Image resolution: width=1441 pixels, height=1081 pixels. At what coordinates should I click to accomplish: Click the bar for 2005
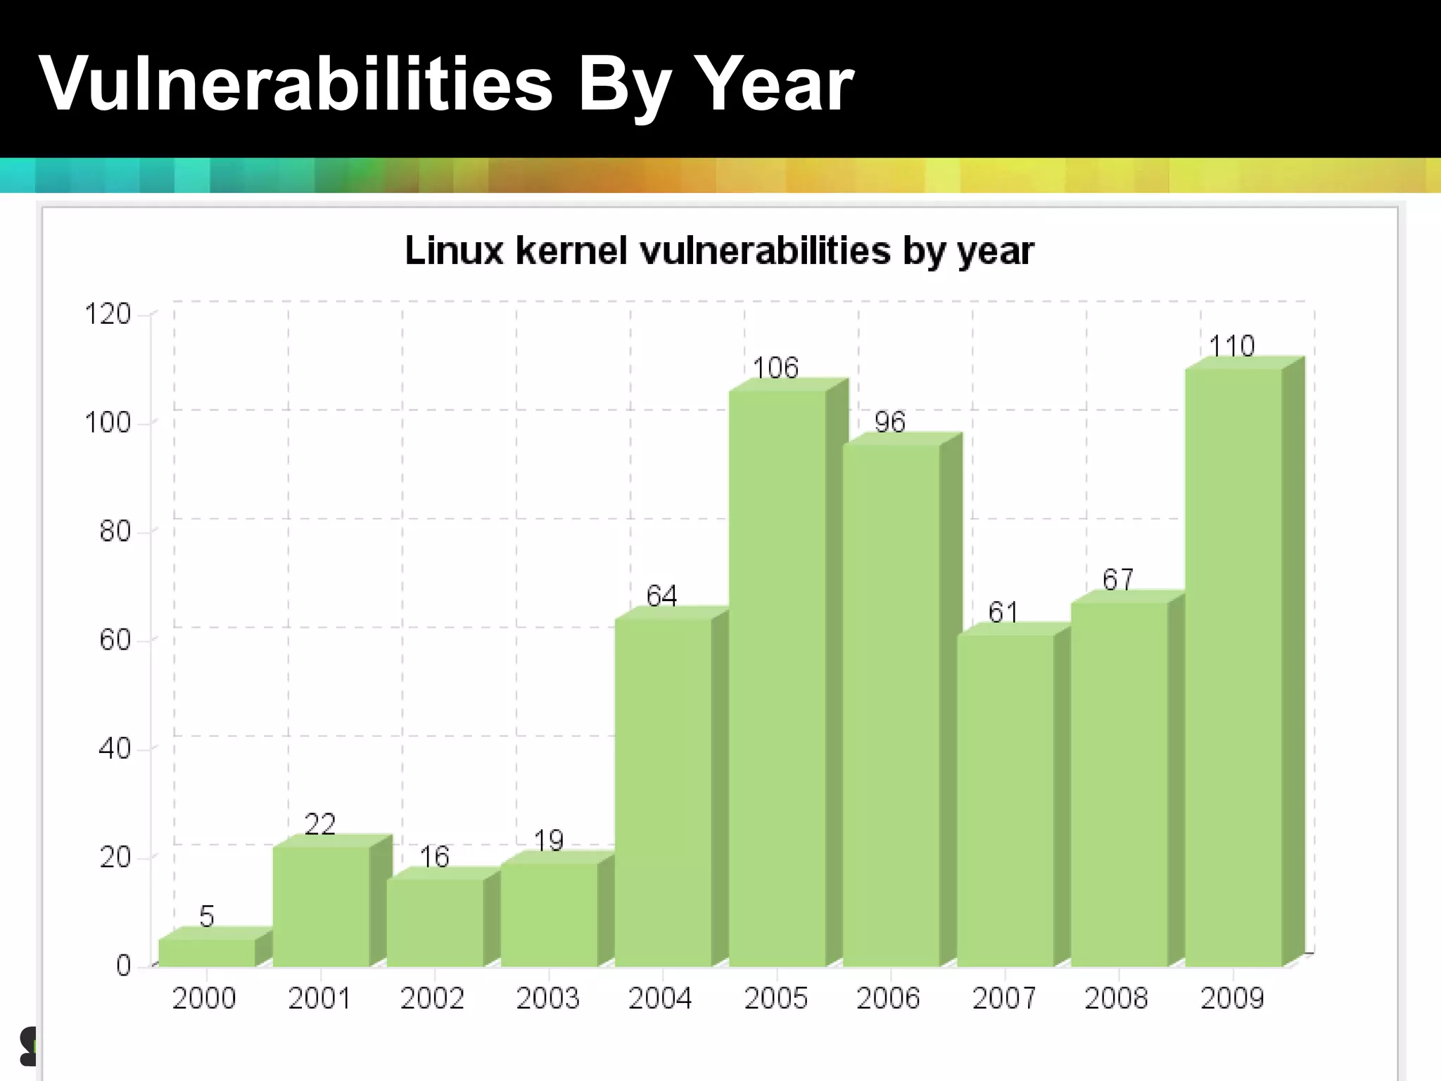click(777, 676)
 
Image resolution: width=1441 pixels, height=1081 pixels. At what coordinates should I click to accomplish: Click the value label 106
click(775, 368)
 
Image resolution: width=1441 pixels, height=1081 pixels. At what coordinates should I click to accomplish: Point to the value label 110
click(1231, 346)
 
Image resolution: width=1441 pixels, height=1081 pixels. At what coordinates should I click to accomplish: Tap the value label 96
click(889, 422)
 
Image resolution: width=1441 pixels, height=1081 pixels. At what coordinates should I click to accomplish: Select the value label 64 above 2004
click(661, 596)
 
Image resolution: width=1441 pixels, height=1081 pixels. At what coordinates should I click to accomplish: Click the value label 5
click(206, 916)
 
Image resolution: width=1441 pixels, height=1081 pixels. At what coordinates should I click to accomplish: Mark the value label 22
click(320, 824)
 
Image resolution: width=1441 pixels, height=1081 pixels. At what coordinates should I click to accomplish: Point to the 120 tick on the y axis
click(108, 314)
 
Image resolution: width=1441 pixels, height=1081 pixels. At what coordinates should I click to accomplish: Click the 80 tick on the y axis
click(115, 531)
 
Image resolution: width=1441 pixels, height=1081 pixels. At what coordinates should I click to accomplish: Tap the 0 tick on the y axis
click(123, 965)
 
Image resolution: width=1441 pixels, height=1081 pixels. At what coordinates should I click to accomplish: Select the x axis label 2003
click(547, 998)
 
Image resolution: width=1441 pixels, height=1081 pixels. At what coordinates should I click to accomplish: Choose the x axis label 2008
click(1116, 998)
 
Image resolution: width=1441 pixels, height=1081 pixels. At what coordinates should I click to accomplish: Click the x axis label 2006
click(888, 998)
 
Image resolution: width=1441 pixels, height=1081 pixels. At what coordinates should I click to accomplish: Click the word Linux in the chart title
click(454, 251)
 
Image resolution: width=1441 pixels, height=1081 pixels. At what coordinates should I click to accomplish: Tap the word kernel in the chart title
click(571, 251)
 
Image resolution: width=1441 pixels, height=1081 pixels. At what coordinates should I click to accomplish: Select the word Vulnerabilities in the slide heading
click(296, 84)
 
